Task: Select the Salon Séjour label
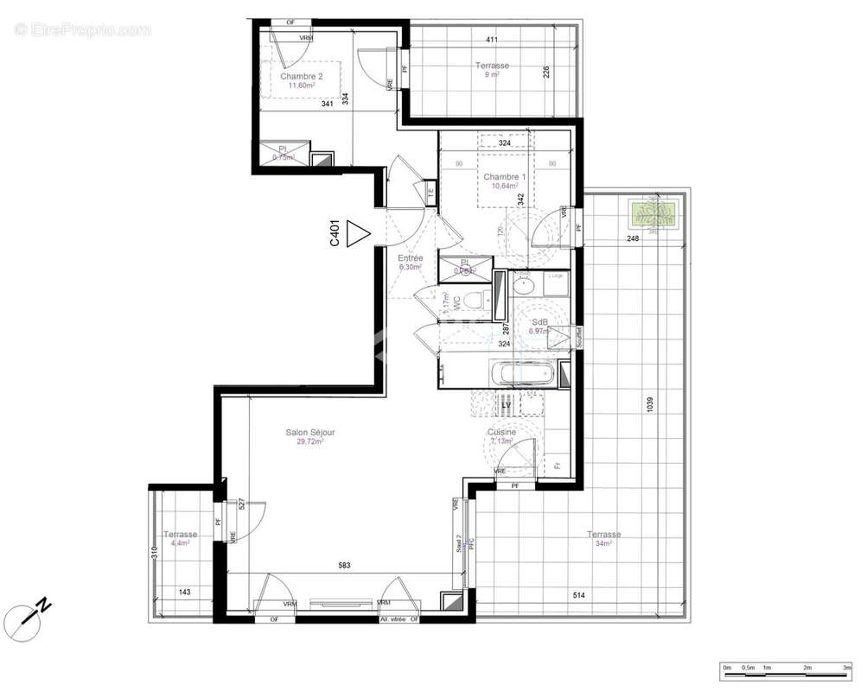point(310,433)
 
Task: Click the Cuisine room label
point(501,433)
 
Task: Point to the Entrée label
point(410,258)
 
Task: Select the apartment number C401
point(335,235)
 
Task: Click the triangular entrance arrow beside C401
point(356,234)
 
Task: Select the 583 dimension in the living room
point(344,566)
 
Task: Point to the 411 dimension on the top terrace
point(492,40)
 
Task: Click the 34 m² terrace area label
point(603,543)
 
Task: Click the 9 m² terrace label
point(492,74)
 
